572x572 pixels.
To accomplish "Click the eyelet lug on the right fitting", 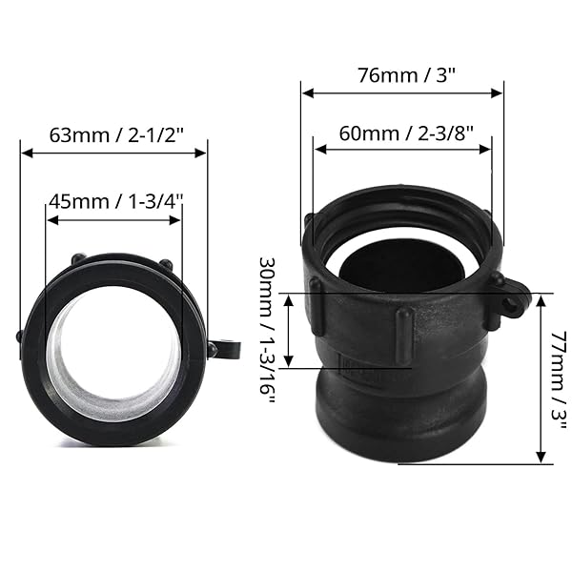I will coord(511,298).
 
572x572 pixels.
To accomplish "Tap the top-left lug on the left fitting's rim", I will coord(77,259).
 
